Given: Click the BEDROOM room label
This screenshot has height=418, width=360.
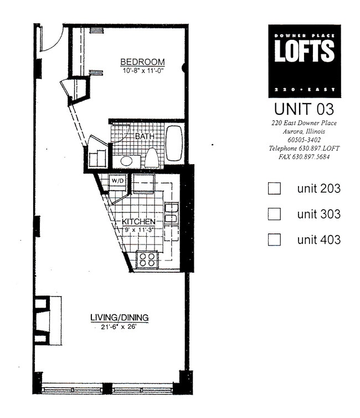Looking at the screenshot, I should coord(142,62).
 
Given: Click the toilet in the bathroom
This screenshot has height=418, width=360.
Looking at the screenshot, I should coord(151,157).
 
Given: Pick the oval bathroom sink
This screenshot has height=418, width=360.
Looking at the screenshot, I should coord(127,161).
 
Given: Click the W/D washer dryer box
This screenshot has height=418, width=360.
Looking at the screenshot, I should coord(117,181).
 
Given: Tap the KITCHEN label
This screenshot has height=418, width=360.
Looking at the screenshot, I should coord(139,222).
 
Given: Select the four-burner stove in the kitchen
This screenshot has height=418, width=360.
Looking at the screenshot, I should coord(147,259).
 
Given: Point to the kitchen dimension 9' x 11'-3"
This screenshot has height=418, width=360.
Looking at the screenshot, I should coord(140,231).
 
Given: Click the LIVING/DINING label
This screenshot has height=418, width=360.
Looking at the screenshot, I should coord(120,318).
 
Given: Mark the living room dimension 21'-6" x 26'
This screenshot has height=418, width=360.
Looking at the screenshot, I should coord(120,327).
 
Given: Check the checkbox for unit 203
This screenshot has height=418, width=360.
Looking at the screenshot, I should coord(274,188).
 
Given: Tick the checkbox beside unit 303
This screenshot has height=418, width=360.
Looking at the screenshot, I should coord(274,214).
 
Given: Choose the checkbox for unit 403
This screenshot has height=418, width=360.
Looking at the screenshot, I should coord(274,239).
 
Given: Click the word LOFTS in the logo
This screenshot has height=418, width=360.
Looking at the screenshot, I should coord(305,52).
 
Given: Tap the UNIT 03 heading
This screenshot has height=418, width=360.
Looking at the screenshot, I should coord(304,108).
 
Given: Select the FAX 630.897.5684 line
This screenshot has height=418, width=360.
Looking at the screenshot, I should coord(304,157).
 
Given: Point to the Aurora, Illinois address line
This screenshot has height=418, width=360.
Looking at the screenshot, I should coord(304,132).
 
